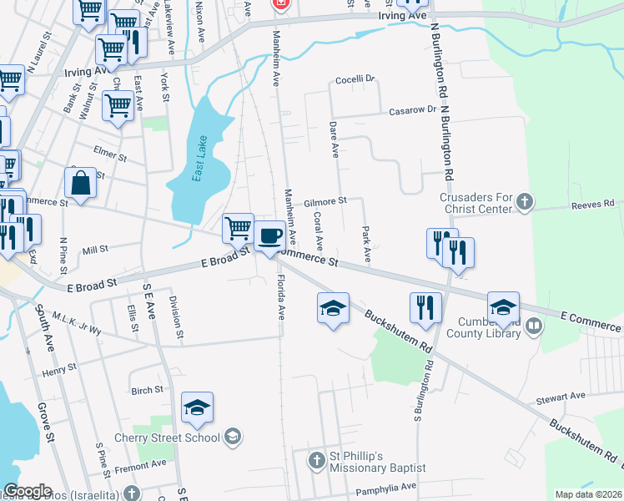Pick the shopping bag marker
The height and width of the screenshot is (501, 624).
[81, 184]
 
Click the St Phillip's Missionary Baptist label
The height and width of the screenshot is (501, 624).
[367, 462]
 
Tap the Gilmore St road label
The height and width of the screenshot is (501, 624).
[325, 202]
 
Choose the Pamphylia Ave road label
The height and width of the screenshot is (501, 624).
[385, 486]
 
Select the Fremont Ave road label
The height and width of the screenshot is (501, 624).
[143, 463]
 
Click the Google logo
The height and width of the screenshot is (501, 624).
[28, 491]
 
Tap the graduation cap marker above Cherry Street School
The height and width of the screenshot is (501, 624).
[198, 407]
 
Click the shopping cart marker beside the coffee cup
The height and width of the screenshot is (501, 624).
[238, 227]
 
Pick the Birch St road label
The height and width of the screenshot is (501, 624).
[147, 390]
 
